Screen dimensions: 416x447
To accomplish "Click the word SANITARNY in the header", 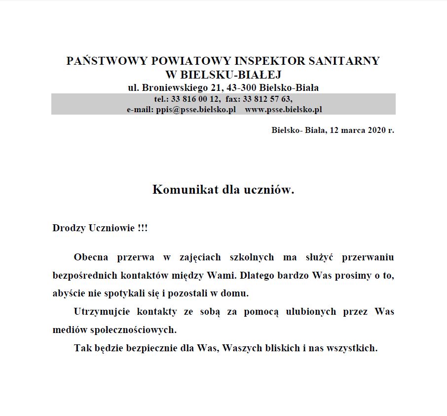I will click(x=344, y=61).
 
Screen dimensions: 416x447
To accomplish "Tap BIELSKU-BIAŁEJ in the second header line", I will click(x=230, y=75).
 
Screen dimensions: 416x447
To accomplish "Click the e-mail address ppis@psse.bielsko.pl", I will click(x=195, y=109).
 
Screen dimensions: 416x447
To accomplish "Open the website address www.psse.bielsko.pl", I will click(x=283, y=109).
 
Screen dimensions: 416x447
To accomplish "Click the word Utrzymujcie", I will click(x=100, y=312).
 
